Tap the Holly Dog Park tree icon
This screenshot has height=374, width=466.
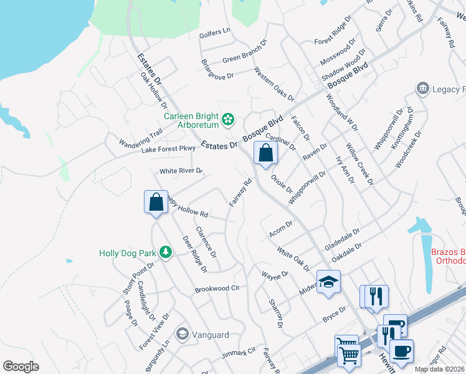click(x=165, y=251)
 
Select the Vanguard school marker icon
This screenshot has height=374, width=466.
click(x=182, y=333)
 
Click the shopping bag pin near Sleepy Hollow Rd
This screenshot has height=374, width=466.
click(x=155, y=203)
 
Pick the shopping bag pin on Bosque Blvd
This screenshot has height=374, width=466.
click(x=265, y=153)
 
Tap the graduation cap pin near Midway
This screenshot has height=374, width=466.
click(x=328, y=282)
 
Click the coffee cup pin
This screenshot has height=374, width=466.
click(x=402, y=350)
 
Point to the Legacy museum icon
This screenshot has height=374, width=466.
click(x=423, y=88)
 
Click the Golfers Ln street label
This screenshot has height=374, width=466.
click(x=215, y=31)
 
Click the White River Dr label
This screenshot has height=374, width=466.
click(x=181, y=170)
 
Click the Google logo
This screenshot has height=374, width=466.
click(x=21, y=366)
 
